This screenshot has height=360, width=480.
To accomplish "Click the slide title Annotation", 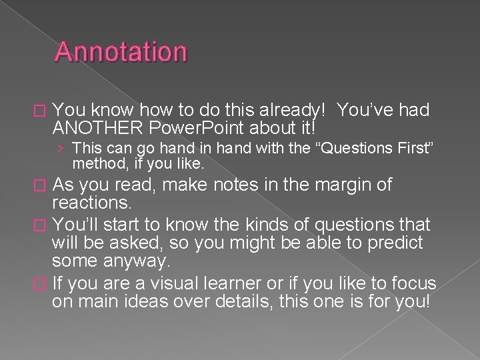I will tap(121, 52).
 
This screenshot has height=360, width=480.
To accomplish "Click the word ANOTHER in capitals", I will tap(91, 126).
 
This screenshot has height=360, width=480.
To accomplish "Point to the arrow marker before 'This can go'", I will tap(61, 147).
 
